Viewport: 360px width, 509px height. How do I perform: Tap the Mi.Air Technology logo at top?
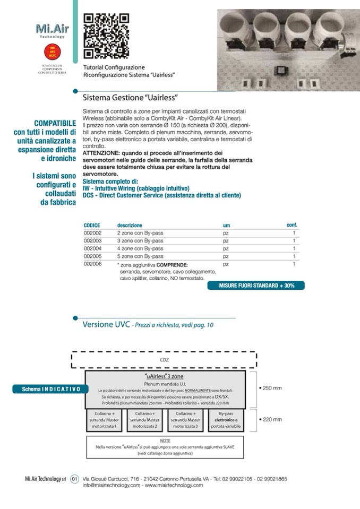(52, 30)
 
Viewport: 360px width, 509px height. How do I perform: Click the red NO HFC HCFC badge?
(52, 51)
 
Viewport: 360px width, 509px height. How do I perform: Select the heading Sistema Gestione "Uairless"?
(130, 98)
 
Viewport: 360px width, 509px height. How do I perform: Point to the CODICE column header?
(92, 226)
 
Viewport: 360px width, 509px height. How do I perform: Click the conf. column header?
(292, 225)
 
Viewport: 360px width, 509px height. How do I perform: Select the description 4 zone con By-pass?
(140, 248)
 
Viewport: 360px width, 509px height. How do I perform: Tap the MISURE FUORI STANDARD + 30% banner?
(256, 286)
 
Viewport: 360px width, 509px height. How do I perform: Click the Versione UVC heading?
(106, 324)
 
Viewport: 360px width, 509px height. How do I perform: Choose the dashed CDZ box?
(164, 359)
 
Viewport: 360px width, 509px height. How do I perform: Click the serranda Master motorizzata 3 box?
(185, 419)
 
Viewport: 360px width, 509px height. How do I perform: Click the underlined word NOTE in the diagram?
(165, 441)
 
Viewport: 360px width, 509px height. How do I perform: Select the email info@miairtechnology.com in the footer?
(112, 485)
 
